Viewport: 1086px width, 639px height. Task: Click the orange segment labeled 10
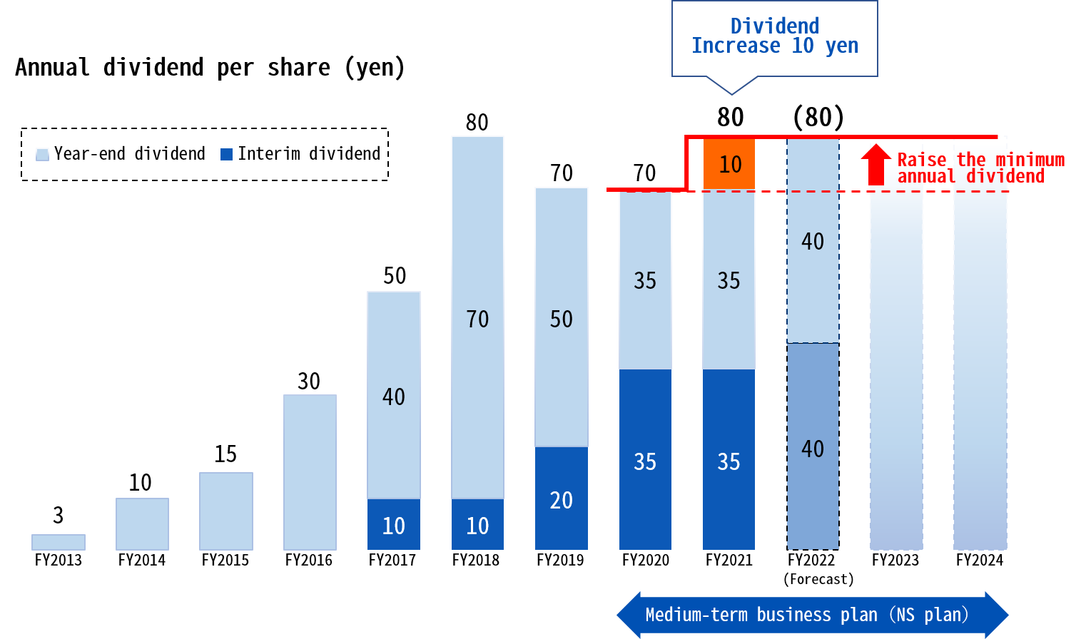729,164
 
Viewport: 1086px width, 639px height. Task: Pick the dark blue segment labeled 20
562,499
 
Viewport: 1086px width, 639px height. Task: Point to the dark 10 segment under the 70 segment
477,525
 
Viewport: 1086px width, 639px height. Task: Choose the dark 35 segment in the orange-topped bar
729,460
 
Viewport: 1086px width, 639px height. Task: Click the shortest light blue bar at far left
59,542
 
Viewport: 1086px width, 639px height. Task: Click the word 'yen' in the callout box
842,46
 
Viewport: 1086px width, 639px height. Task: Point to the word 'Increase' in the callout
736,46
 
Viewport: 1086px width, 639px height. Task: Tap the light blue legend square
43,154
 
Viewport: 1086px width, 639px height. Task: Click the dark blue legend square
226,154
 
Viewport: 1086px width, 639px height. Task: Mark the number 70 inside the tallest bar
477,319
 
